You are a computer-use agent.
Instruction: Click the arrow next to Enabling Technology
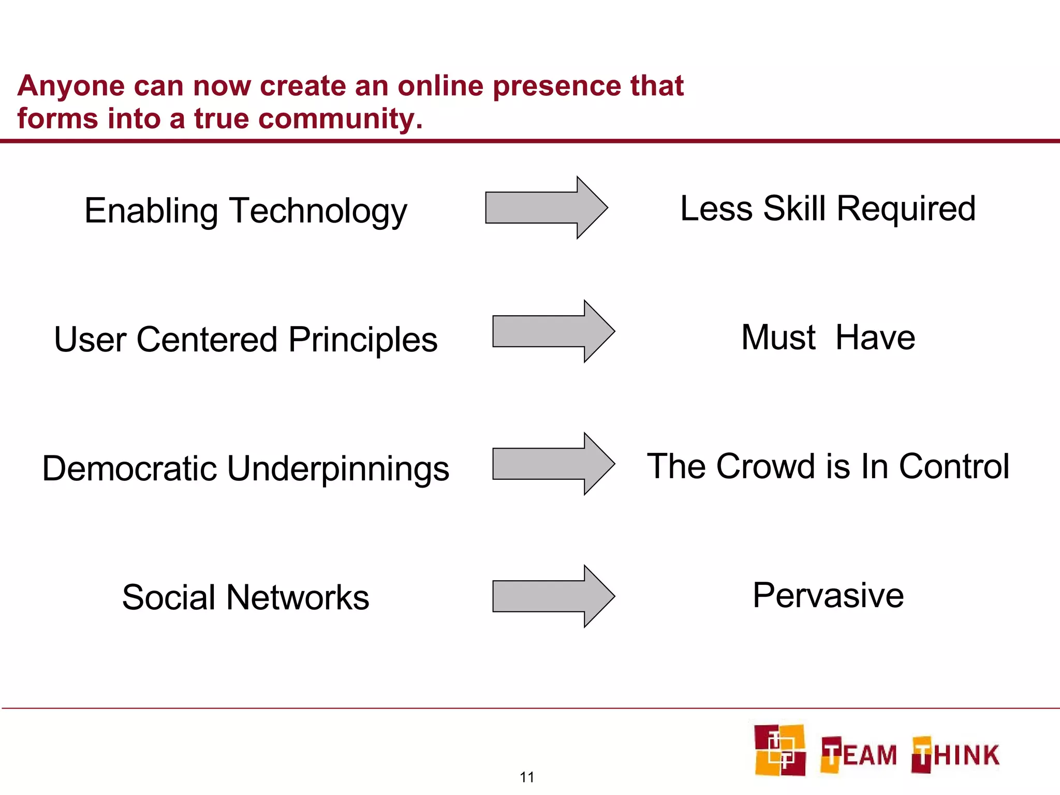[546, 208]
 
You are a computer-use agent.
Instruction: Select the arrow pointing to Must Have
[553, 331]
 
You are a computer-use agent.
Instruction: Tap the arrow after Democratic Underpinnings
[553, 464]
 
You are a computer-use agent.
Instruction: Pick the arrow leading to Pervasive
[553, 596]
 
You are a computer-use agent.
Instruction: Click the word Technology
[318, 212]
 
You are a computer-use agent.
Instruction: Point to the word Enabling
[151, 212]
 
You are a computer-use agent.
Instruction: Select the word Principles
[363, 340]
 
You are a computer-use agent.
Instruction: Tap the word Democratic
[129, 468]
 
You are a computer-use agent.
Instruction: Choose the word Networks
[298, 597]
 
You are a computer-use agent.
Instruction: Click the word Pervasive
[828, 595]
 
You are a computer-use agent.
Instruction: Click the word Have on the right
[875, 337]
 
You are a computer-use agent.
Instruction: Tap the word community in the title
[340, 119]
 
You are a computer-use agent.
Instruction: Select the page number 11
[527, 777]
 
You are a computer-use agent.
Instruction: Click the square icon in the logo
[779, 750]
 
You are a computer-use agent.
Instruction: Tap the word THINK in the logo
[955, 755]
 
